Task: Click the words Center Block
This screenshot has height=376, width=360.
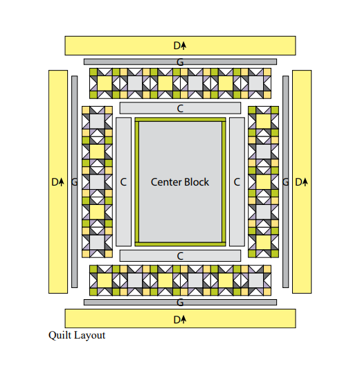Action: point(180,182)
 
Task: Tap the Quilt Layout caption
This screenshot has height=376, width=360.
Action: point(77,335)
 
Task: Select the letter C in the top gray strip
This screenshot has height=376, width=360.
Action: point(180,109)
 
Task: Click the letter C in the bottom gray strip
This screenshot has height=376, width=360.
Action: point(180,256)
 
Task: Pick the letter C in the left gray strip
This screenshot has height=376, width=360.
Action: point(123,182)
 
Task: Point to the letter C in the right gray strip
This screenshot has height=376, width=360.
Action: point(237,182)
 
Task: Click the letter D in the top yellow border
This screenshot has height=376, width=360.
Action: point(177,46)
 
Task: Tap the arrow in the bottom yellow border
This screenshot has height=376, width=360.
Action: point(183,320)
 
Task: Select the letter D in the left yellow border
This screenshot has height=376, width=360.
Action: point(55,182)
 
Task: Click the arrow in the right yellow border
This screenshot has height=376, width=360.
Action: point(305,182)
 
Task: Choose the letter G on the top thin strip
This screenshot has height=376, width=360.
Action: point(180,62)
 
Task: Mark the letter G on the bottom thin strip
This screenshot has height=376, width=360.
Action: point(180,303)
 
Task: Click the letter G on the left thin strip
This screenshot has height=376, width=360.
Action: point(75,182)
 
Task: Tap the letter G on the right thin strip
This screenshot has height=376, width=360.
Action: point(285,182)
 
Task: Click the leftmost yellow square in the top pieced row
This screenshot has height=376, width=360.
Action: point(105,84)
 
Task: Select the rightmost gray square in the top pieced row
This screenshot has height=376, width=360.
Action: point(255,84)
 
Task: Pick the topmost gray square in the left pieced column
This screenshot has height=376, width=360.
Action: point(97,121)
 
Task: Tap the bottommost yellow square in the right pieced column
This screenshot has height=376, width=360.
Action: point(263,242)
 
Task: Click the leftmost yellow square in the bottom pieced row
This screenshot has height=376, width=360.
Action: point(105,280)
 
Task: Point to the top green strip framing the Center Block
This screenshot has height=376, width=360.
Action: point(180,119)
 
